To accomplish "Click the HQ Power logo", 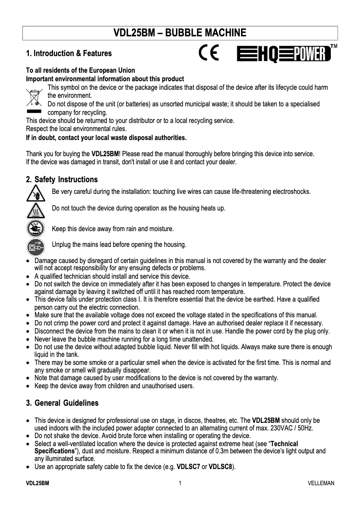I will click(283, 55).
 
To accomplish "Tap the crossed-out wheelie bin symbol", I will click(33, 97).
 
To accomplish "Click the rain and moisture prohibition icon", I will click(35, 228).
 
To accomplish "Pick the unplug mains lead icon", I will click(35, 246).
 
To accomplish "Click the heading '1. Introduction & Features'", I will click(69, 53).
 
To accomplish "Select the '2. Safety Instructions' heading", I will click(61, 180).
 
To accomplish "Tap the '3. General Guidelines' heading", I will click(62, 403).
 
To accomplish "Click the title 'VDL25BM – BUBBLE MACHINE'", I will click(180, 33).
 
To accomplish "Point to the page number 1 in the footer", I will click(180, 483).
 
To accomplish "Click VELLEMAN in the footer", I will click(321, 483).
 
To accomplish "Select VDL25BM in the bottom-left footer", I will click(37, 483).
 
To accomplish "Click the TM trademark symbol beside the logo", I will click(334, 46).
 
